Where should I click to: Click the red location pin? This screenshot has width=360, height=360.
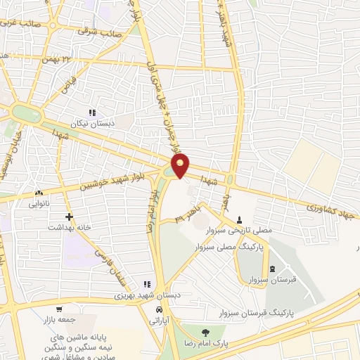click(181, 165)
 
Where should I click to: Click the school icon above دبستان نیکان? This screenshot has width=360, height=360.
click(91, 112)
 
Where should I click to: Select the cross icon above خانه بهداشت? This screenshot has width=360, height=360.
click(68, 217)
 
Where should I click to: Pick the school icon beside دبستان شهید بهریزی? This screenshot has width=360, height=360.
click(146, 284)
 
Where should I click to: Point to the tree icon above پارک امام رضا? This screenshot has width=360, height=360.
click(205, 333)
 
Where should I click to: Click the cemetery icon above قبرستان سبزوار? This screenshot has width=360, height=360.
click(272, 269)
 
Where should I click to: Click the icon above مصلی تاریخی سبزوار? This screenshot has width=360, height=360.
click(240, 219)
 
